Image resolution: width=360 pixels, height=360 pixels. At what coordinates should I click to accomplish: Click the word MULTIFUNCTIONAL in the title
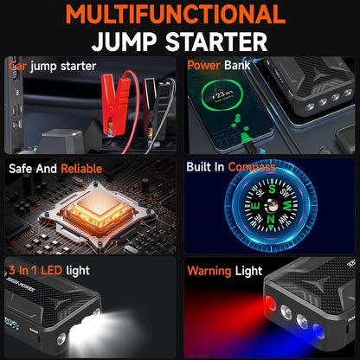point(179,15)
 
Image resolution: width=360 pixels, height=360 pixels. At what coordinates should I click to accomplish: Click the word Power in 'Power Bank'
point(207,66)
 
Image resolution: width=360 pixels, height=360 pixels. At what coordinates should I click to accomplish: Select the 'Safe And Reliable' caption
point(55,168)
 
